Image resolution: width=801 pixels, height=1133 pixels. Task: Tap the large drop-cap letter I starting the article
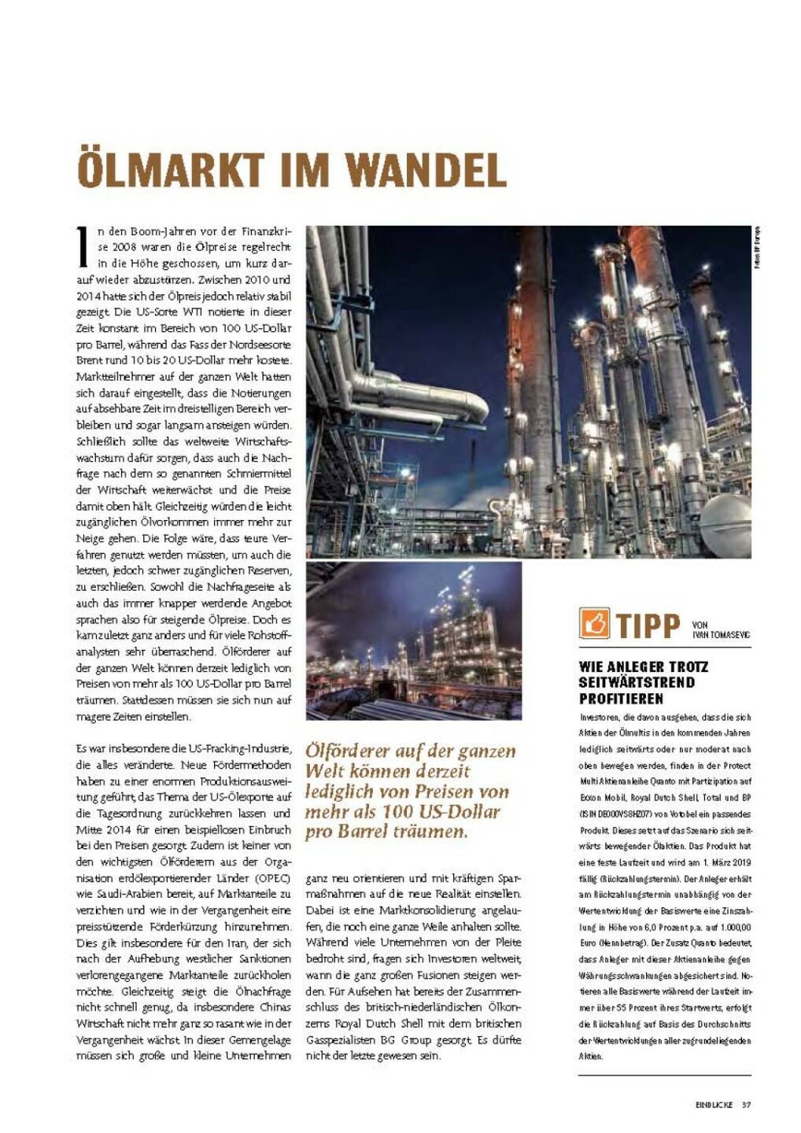tap(83, 246)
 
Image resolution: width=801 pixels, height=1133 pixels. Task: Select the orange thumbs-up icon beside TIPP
tap(594, 623)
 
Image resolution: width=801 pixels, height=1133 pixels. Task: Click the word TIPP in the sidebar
tap(648, 625)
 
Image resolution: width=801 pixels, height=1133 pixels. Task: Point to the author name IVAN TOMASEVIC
tap(721, 633)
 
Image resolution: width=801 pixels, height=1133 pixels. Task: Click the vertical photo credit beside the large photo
tap(757, 248)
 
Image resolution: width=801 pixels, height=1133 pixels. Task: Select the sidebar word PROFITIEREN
tap(621, 699)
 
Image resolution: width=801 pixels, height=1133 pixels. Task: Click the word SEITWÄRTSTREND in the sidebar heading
tap(637, 682)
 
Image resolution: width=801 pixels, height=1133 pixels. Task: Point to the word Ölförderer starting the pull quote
tap(344, 751)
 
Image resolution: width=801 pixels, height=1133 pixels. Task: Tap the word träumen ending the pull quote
tap(429, 832)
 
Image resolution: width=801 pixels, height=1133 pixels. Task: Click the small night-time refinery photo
tap(413, 640)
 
